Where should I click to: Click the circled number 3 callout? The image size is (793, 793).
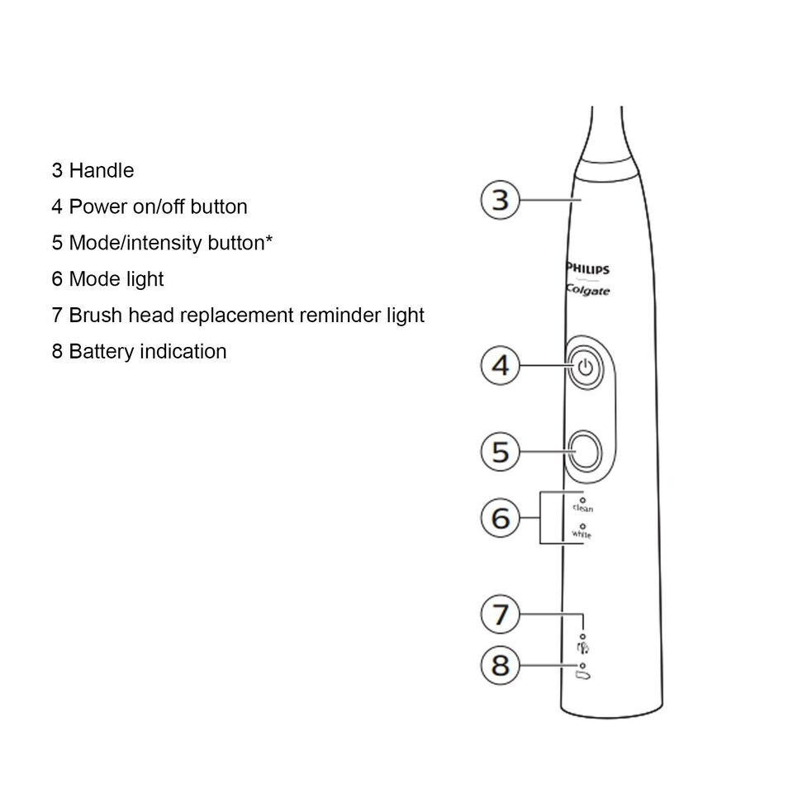point(501,200)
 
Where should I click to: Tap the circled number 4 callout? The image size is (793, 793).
point(501,365)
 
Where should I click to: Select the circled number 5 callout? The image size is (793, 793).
point(501,452)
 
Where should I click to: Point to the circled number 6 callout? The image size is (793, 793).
point(501,519)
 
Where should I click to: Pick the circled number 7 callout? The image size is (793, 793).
point(501,615)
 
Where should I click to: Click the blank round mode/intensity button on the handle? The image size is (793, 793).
point(584,451)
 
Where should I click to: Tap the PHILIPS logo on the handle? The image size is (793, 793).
point(588,269)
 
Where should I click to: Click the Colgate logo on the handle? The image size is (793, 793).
point(588,290)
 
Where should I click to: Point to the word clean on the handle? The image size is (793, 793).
point(583,509)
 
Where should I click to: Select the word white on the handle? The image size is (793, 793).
point(582,534)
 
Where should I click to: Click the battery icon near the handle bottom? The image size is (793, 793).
point(584,677)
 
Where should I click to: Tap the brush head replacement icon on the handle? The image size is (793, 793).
point(582,648)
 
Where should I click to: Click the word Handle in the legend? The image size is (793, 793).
point(101,171)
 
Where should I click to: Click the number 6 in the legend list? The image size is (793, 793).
point(57,279)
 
